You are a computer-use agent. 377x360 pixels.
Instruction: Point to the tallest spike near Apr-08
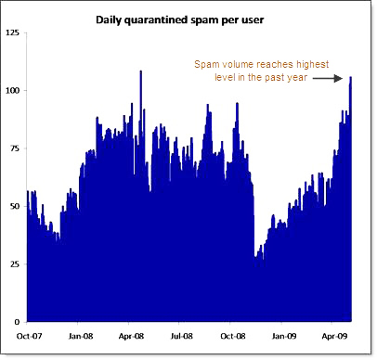click(x=140, y=72)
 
